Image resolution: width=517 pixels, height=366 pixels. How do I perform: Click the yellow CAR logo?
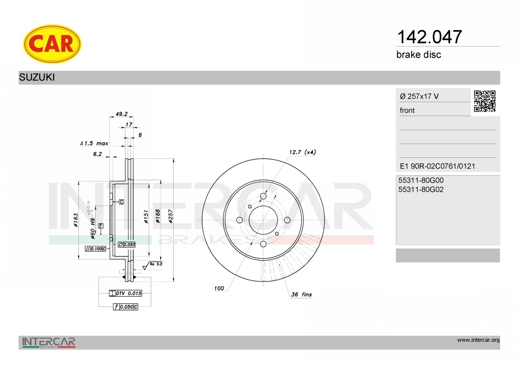click(x=52, y=44)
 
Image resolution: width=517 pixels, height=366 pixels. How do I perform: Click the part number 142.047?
click(x=430, y=37)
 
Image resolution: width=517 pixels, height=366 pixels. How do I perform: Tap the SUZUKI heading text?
click(x=37, y=77)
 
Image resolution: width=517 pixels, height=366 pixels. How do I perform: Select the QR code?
click(x=485, y=101)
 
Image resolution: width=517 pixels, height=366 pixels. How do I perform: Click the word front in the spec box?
click(x=407, y=110)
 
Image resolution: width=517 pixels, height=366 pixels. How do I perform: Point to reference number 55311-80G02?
click(x=421, y=190)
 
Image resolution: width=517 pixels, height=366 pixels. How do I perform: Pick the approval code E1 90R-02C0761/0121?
click(x=437, y=166)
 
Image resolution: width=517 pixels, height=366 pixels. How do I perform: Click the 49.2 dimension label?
click(x=121, y=114)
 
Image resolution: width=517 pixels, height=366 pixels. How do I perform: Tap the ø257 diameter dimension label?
click(x=171, y=216)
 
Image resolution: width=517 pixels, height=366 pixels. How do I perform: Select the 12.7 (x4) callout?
click(x=302, y=152)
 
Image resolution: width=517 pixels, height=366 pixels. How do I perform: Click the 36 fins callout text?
click(x=302, y=294)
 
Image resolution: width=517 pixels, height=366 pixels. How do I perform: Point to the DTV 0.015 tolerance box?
click(x=125, y=293)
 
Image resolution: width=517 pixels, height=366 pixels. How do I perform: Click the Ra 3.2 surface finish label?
click(x=156, y=264)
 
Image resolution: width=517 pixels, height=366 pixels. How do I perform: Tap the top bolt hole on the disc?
click(x=263, y=197)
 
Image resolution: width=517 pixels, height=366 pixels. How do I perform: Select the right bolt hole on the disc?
click(x=287, y=220)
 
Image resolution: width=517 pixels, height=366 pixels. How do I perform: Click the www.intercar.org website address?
click(x=479, y=340)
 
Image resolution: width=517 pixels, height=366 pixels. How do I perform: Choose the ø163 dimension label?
click(x=76, y=220)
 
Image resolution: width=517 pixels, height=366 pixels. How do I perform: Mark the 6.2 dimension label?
click(x=97, y=154)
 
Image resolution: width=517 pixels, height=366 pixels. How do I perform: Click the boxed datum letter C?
click(x=121, y=202)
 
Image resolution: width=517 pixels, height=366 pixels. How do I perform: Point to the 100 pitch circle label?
click(x=219, y=288)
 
